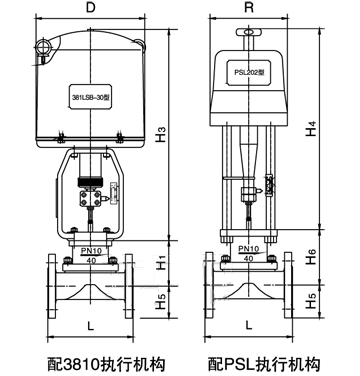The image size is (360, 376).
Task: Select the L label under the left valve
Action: [x=92, y=327]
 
